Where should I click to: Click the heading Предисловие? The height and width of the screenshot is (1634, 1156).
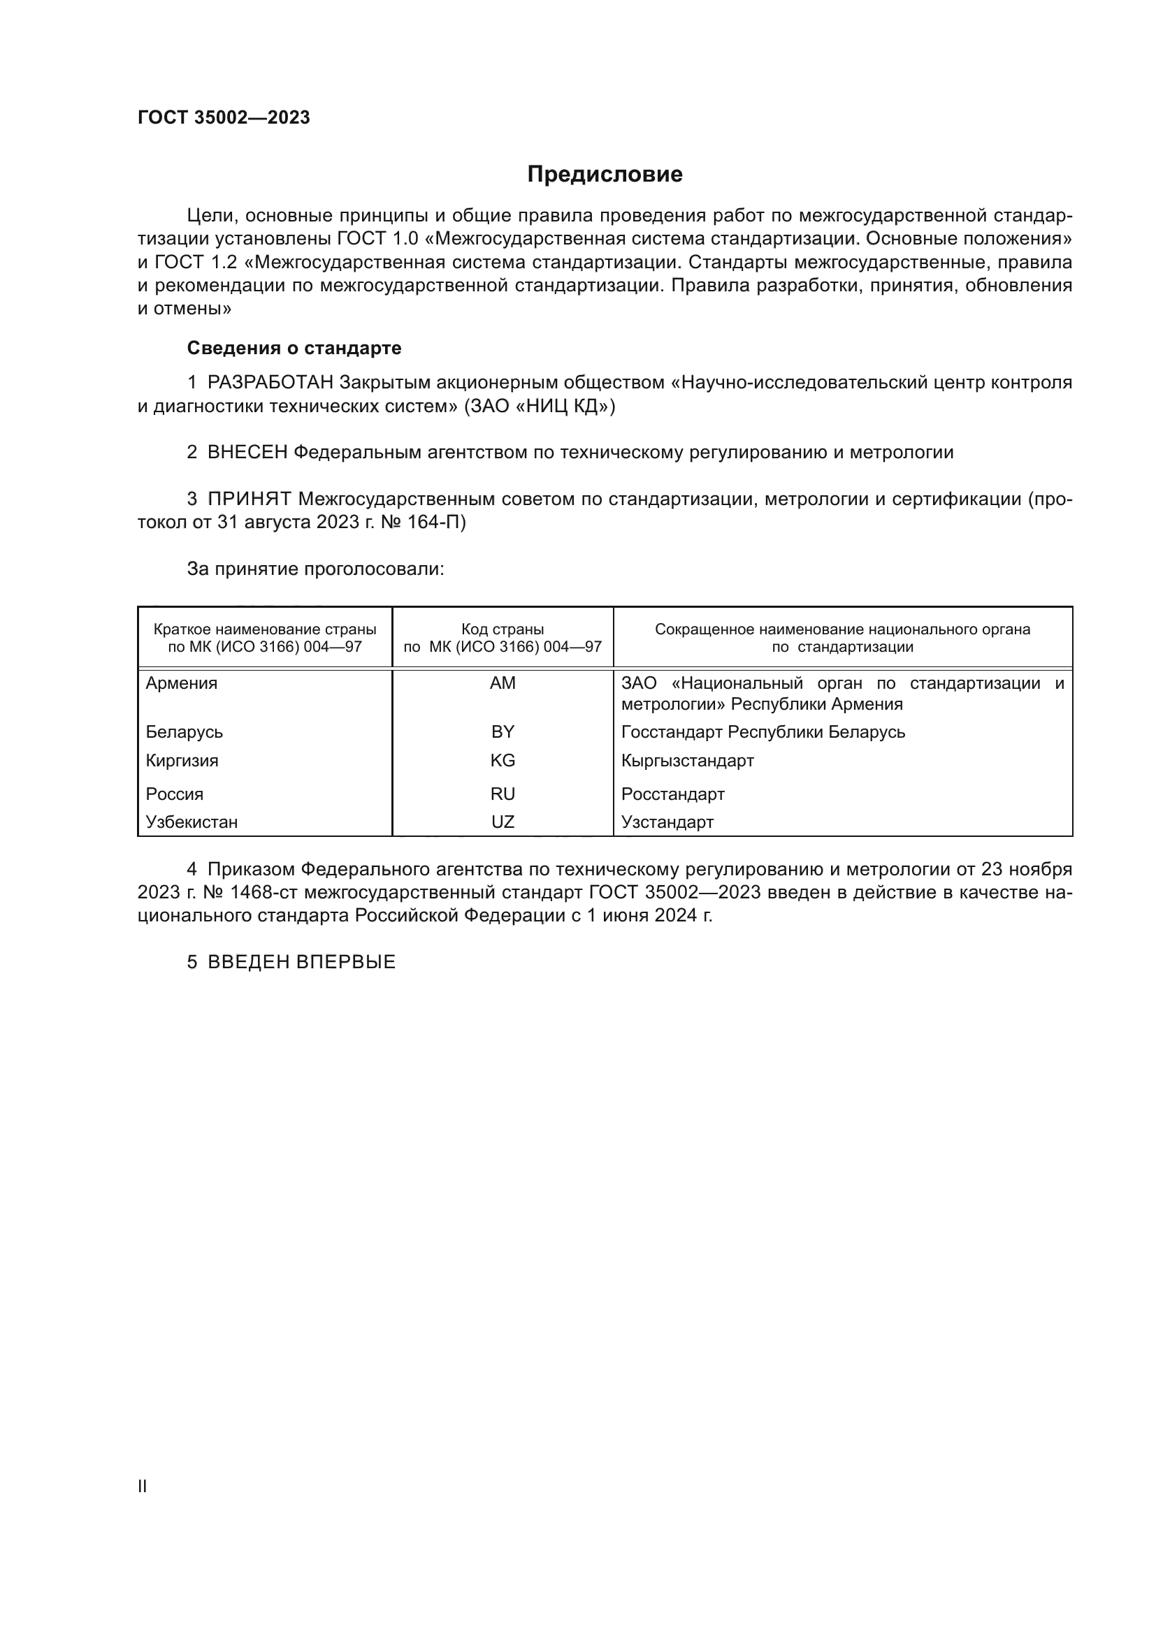[605, 175]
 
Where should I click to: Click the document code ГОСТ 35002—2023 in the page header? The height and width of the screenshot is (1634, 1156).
[224, 118]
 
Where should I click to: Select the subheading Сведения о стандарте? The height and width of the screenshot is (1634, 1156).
[294, 348]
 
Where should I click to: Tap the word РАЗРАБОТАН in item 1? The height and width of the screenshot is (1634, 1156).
[270, 383]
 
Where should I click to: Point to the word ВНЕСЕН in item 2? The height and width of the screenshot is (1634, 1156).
[247, 453]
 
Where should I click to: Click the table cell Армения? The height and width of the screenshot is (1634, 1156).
[182, 683]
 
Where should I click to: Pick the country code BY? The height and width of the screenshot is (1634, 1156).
[503, 731]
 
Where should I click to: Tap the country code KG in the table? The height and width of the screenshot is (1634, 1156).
[503, 760]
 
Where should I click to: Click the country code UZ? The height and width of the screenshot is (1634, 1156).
[503, 822]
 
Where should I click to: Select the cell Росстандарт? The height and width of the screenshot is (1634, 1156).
[672, 794]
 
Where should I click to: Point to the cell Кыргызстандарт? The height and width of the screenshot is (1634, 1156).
[688, 760]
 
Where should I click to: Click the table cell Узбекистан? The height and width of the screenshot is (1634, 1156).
[192, 822]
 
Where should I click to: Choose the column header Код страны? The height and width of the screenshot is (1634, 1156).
[503, 630]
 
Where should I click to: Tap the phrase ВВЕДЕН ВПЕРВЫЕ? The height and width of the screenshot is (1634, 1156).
[301, 962]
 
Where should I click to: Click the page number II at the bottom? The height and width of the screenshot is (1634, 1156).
[143, 1486]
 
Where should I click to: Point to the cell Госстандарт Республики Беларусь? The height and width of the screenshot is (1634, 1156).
[763, 731]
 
